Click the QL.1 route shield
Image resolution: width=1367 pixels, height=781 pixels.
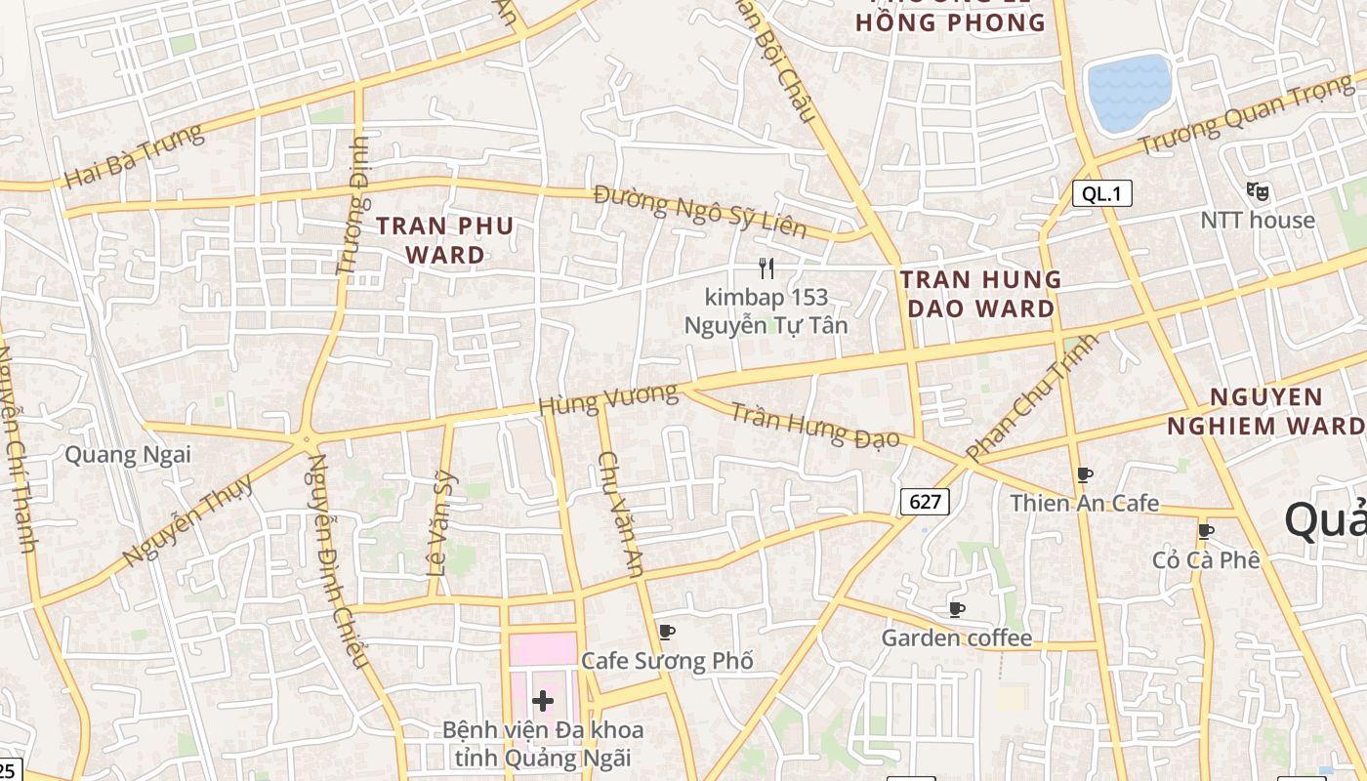tap(1102, 193)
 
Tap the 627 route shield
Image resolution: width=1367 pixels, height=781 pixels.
tap(924, 502)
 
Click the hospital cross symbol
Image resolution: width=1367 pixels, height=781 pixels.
tap(543, 700)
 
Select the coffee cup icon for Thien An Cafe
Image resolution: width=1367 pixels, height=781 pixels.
tap(1084, 474)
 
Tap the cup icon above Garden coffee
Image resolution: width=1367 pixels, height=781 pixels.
tap(957, 609)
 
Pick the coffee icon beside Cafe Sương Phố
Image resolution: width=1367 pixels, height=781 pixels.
tap(667, 632)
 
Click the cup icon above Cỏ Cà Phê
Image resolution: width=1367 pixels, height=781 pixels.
tap(1206, 531)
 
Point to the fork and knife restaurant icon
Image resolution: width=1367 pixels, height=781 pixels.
tap(766, 267)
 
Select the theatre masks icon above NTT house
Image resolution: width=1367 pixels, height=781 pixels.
tap(1258, 191)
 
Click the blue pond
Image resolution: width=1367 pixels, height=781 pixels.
tap(1130, 93)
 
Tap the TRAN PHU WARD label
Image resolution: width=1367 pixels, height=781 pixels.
tap(445, 240)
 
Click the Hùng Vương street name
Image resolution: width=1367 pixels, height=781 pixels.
tap(607, 399)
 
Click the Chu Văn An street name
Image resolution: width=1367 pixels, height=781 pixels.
tap(620, 513)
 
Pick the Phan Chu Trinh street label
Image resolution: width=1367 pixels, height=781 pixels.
tap(1031, 397)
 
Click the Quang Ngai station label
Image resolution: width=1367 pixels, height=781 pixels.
tap(127, 454)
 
